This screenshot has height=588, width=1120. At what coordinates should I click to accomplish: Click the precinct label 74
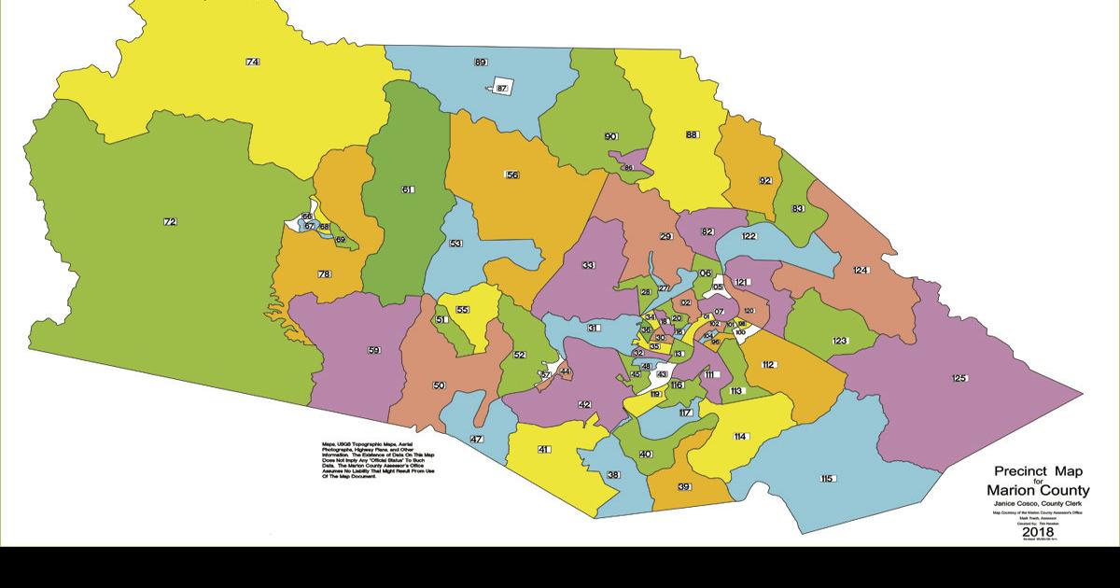[252, 62]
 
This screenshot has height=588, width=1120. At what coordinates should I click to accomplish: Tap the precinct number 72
[170, 222]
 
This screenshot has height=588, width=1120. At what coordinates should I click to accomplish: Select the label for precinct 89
[481, 63]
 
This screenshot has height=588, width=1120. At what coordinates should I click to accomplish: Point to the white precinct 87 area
[502, 88]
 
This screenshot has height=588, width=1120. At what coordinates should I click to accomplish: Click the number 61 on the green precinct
[407, 190]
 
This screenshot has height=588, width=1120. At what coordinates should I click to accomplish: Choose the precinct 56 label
[511, 175]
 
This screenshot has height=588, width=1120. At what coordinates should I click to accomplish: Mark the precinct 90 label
[611, 137]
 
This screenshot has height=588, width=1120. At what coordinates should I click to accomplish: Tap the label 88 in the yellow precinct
[692, 135]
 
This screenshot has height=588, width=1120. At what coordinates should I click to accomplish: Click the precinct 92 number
[765, 180]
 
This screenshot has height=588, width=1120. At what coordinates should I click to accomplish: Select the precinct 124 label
[861, 271]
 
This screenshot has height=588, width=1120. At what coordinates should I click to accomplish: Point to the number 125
[959, 378]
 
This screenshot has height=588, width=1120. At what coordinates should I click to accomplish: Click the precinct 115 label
[826, 479]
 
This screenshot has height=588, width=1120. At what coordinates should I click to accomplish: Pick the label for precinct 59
[374, 351]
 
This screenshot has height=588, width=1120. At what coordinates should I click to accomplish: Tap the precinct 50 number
[439, 385]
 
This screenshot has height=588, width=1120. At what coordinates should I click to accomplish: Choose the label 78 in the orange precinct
[324, 274]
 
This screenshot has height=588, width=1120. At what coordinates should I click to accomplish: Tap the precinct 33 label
[589, 266]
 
